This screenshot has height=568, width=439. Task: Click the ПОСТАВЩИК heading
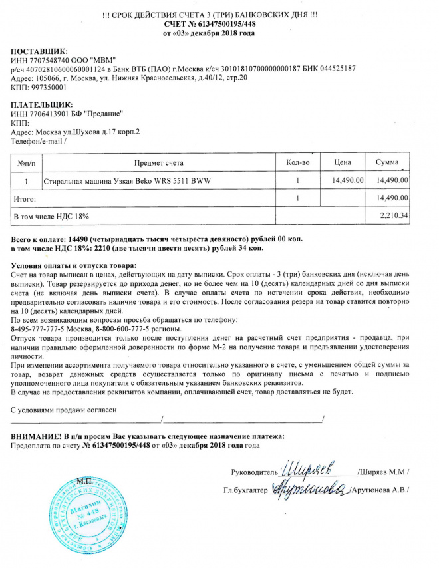(39, 51)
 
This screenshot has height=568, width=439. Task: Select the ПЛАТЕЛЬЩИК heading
(43, 104)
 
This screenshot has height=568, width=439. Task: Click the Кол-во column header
(298, 162)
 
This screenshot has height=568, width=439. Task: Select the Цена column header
(343, 162)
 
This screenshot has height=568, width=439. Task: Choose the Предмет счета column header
(159, 162)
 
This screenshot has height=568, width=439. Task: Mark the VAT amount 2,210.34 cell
(392, 216)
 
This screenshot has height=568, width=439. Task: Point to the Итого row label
(25, 198)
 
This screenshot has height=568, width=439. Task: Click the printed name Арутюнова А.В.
(382, 490)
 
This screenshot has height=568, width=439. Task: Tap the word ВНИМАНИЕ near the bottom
(37, 436)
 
